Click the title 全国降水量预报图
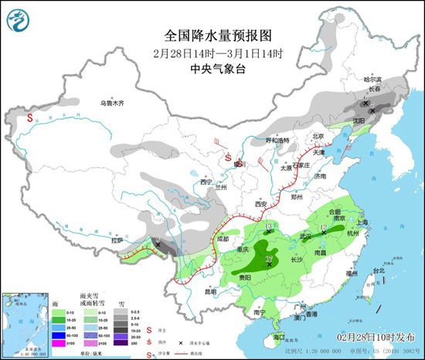tap(218, 36)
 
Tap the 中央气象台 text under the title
tap(218, 69)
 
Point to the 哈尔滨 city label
tap(372, 80)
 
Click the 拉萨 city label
tap(117, 240)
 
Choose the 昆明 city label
tap(200, 292)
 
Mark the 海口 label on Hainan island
tap(280, 336)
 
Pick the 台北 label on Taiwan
tap(378, 271)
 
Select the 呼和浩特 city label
tap(277, 141)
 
